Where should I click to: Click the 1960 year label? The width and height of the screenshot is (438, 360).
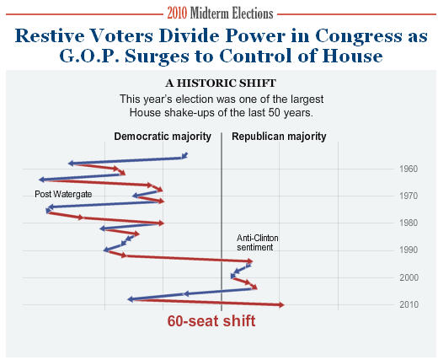point(409,169)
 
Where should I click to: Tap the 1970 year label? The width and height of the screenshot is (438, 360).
point(409,196)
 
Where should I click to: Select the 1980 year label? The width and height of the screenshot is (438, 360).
point(409,223)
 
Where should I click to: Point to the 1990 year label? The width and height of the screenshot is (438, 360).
point(409,250)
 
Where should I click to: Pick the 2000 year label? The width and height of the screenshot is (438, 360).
point(409,277)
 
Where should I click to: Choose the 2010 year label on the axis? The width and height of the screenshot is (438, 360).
point(409,304)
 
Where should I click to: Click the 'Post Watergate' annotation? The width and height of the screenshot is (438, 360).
point(63,194)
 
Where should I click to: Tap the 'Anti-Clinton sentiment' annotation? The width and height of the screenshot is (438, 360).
point(258,243)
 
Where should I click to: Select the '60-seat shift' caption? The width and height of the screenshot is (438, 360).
point(211,321)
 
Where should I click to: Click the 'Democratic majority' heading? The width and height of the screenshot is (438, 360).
point(163,137)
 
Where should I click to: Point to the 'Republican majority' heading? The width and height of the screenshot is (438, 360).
point(279,137)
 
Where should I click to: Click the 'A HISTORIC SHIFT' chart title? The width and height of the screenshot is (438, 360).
point(221,83)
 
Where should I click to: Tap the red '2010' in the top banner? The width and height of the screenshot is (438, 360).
point(177,13)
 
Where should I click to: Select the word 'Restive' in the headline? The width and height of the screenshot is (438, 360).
point(50,36)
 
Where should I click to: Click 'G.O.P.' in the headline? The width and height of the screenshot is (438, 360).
point(90,56)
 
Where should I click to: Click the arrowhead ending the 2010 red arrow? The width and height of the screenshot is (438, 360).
point(281,305)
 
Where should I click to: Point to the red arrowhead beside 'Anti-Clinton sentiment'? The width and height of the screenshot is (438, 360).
point(249,261)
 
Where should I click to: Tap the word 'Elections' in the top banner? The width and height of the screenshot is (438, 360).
point(252,13)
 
